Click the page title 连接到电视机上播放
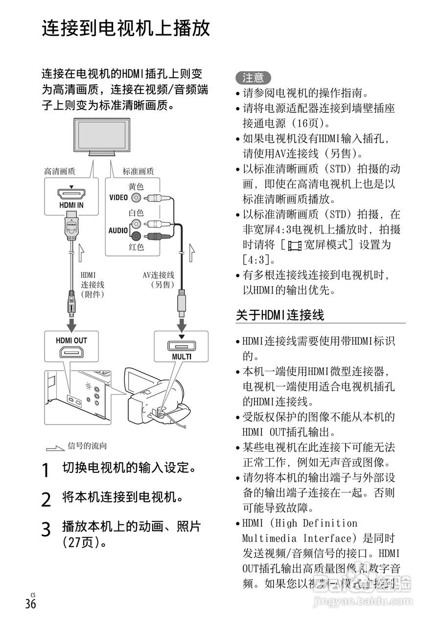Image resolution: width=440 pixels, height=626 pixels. click(x=126, y=28)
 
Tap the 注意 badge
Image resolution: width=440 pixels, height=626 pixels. click(x=253, y=78)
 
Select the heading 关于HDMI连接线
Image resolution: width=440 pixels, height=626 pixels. click(x=280, y=315)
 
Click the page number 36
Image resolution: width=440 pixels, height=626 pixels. click(x=30, y=604)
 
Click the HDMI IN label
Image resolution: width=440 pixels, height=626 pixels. click(x=71, y=205)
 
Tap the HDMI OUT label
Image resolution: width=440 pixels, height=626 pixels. click(x=71, y=340)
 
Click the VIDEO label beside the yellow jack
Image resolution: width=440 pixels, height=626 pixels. click(x=118, y=198)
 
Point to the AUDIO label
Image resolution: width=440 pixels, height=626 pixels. click(x=118, y=230)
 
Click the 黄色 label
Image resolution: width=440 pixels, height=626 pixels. click(x=136, y=186)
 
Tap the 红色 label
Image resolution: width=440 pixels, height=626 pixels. click(x=136, y=247)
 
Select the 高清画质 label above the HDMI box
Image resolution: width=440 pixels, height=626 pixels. click(x=60, y=171)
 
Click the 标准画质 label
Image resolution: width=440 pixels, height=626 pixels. click(x=138, y=171)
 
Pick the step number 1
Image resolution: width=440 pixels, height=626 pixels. click(x=46, y=470)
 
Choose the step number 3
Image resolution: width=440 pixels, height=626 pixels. click(x=46, y=529)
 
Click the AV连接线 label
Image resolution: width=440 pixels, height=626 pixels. click(x=159, y=275)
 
